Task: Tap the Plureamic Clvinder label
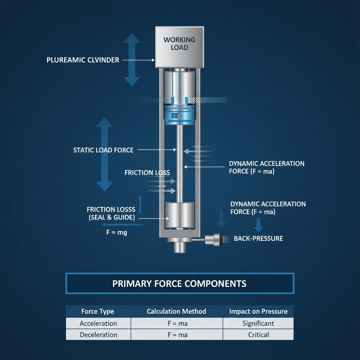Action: coord(83,60)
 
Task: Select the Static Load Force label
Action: coord(103,150)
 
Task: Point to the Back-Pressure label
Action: coord(258,239)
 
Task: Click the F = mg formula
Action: coord(116,232)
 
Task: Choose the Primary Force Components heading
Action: coord(179,284)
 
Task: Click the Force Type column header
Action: coord(98,311)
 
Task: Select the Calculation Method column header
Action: coord(176,311)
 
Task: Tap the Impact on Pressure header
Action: coord(258,311)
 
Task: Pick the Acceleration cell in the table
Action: coord(98,323)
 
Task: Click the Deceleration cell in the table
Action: coord(98,335)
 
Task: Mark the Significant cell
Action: coord(258,323)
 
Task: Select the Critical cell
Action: coord(258,335)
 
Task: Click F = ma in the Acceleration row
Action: coord(178,323)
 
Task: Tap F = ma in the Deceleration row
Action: coord(178,335)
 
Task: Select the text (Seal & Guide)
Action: coord(112,218)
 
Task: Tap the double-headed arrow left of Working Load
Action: coord(131,60)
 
